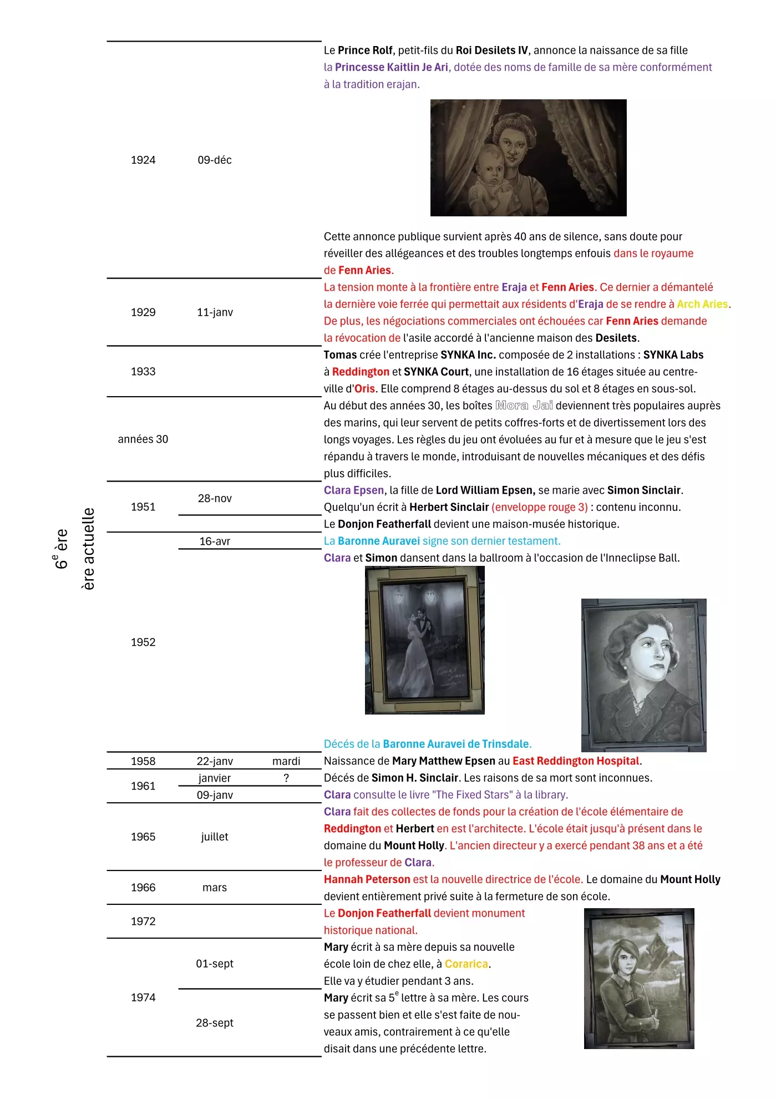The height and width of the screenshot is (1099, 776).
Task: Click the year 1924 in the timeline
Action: [143, 160]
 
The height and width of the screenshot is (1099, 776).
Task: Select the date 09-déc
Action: [215, 160]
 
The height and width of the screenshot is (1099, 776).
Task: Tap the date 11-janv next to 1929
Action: [215, 312]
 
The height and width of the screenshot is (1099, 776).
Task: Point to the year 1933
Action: [143, 372]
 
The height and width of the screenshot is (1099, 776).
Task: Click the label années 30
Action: [143, 439]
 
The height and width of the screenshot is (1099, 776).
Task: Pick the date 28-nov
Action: [215, 499]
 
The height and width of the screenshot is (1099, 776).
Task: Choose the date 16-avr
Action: [215, 541]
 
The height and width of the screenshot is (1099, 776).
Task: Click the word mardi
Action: [286, 761]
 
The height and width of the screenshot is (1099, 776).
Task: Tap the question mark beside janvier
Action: [286, 778]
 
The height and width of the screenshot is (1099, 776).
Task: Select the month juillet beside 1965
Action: [215, 837]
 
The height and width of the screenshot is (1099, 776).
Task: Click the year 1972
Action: [143, 921]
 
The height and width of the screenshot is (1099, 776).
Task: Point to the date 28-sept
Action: [215, 1023]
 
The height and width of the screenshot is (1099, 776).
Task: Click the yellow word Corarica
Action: [466, 964]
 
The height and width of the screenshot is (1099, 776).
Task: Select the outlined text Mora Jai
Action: [524, 406]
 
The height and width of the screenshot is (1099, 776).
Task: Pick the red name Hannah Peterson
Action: [367, 879]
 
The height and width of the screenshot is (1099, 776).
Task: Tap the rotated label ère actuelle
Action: [88, 549]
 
